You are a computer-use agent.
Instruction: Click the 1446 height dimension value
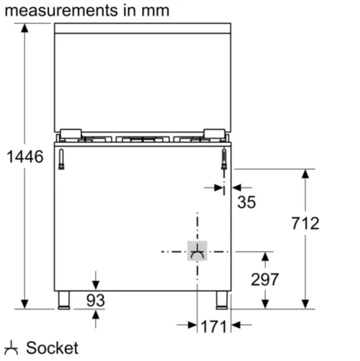tap(25, 157)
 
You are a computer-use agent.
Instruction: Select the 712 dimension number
tap(305, 223)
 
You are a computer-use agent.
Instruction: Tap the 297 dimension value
tap(265, 280)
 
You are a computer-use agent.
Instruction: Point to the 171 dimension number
tap(213, 327)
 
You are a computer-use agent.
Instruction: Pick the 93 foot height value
tap(95, 300)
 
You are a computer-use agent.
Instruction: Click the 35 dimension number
tap(247, 202)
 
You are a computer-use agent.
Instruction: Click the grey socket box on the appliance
tap(197, 251)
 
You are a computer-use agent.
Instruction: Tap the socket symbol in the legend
tap(11, 348)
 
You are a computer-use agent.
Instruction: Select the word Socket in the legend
tap(52, 348)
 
